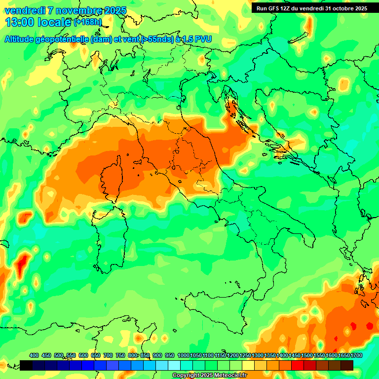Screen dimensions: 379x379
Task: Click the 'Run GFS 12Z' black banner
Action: click(311, 8)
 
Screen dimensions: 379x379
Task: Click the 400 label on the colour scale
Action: click(34, 355)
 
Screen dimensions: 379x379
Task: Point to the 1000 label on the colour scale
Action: click(183, 355)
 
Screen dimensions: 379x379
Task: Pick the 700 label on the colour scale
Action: click(108, 355)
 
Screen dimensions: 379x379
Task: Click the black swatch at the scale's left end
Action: click(26, 365)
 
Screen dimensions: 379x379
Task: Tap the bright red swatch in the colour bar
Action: click(298, 365)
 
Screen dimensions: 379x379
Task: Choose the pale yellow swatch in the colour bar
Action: click(248, 365)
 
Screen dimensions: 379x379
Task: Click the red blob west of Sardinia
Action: click(21, 264)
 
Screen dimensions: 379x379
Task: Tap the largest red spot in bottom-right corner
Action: click(370, 325)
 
